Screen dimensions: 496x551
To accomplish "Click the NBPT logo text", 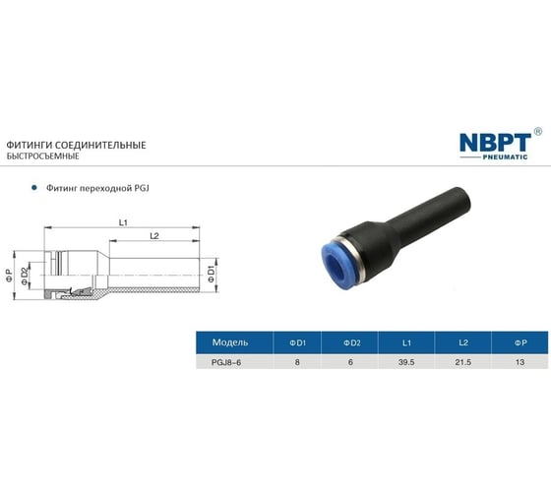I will tap(494, 142).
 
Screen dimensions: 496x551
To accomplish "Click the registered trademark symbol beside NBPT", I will tap(536, 131).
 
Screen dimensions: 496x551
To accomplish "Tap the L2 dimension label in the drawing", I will tap(154, 237).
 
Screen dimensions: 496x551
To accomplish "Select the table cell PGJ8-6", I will tap(217, 363).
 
